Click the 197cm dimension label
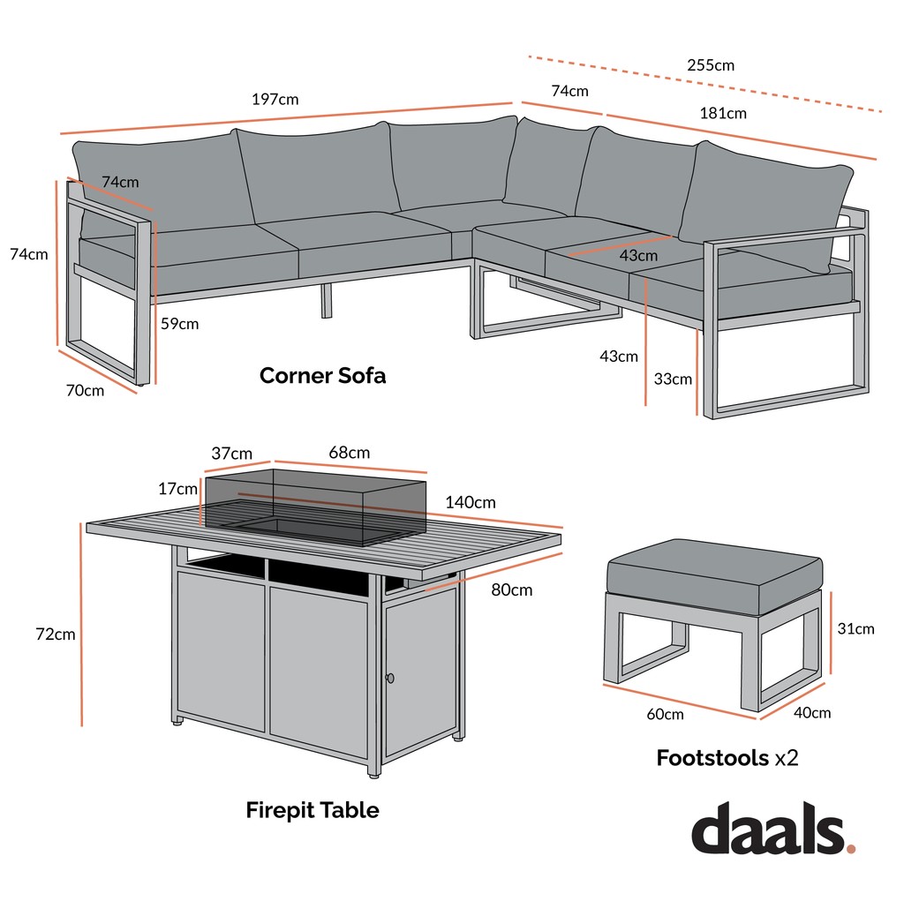[275, 99]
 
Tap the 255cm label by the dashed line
[711, 65]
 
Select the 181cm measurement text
[723, 113]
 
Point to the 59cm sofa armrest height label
[180, 324]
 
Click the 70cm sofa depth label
[85, 390]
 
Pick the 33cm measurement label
[673, 379]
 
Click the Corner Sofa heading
[322, 375]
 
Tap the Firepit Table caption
[313, 810]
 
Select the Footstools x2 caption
[727, 757]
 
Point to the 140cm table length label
[471, 502]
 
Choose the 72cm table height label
[55, 634]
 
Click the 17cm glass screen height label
[178, 488]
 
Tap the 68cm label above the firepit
[350, 453]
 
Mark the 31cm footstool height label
[856, 628]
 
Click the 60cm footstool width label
[665, 713]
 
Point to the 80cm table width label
[512, 590]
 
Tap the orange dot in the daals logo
[851, 849]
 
